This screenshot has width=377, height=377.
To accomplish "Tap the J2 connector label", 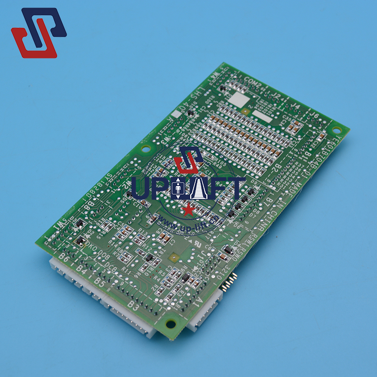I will [277, 96].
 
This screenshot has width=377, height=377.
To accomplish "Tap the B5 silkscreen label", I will [98, 282].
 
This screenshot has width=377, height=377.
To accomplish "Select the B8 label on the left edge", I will [88, 206].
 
